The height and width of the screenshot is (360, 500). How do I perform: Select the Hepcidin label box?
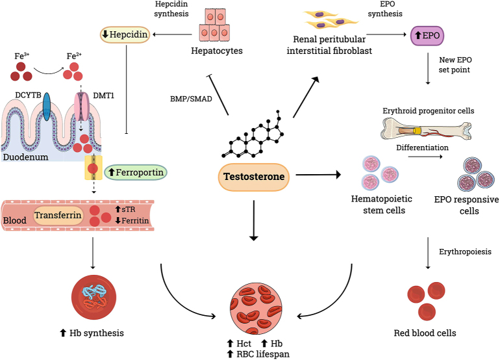tap(125, 34)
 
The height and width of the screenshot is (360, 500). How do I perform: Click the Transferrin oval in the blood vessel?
tap(58, 215)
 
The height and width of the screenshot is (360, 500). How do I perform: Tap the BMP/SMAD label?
tap(188, 99)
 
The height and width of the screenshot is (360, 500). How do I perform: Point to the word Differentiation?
tap(423, 148)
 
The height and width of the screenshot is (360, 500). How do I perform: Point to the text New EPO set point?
tap(448, 64)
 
